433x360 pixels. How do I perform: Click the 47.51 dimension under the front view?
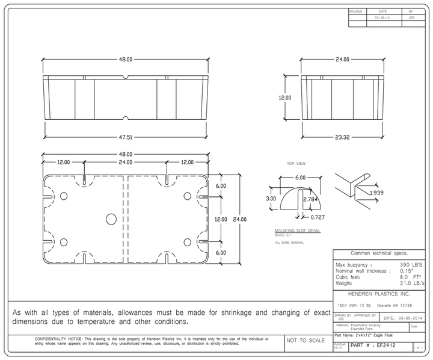pos(124,137)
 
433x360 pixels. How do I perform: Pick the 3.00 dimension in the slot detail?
pos(271,198)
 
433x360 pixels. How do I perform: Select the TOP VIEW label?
pos(297,163)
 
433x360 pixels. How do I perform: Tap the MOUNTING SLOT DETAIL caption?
pos(297,231)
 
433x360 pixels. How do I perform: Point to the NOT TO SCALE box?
pos(306,341)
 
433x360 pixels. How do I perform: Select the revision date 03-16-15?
pos(382,19)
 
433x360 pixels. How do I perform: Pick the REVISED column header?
pos(357,11)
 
